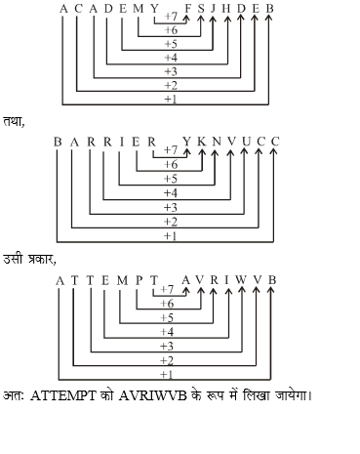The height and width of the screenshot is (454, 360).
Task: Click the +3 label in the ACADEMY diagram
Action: coord(170,71)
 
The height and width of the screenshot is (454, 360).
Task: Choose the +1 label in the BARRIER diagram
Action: coord(170,235)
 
